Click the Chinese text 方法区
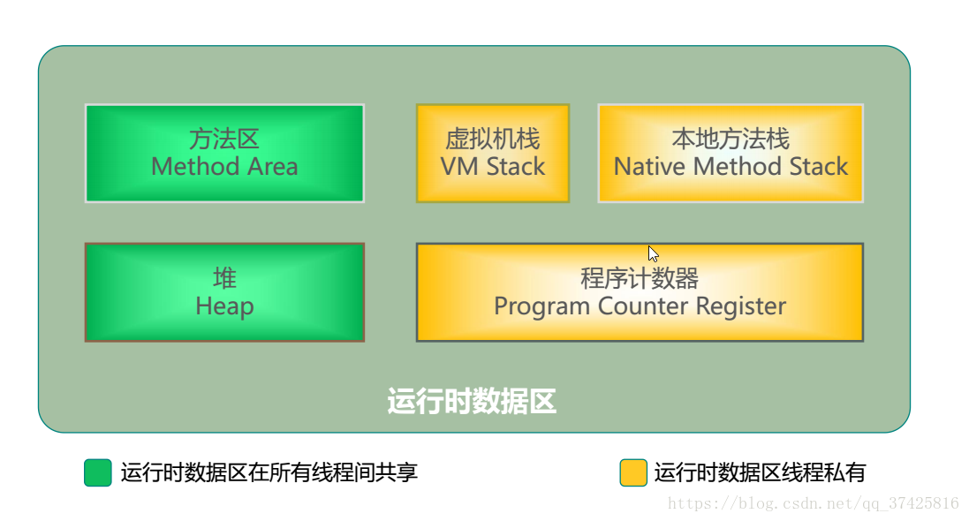[x=224, y=139]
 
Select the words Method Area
[x=224, y=167]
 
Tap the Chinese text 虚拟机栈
[x=493, y=139]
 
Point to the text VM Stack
[x=493, y=167]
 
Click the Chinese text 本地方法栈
[x=731, y=139]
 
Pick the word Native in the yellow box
[x=650, y=167]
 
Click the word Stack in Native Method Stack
[x=819, y=167]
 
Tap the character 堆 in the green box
[x=224, y=278]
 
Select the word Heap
[x=224, y=306]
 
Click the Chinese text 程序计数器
[x=640, y=278]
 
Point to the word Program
[x=542, y=306]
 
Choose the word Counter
[x=643, y=306]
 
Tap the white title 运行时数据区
[x=472, y=401]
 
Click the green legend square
[x=98, y=472]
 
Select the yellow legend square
[x=633, y=472]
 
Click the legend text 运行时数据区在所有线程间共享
[x=269, y=472]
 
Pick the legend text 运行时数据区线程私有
[x=761, y=472]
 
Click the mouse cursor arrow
[x=653, y=254]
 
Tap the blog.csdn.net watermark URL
[x=814, y=503]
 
